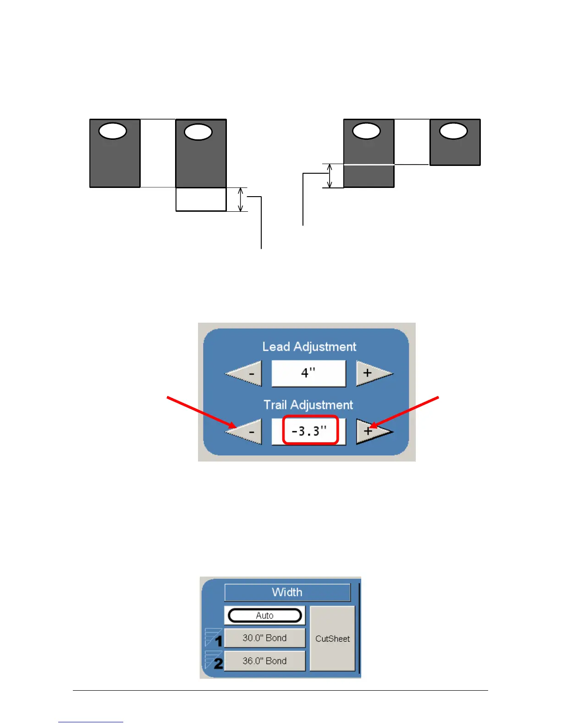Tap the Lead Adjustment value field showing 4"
tap(308, 373)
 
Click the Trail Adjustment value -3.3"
tap(310, 430)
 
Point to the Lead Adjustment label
tap(309, 346)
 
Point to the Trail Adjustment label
tap(308, 405)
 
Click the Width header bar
tap(287, 592)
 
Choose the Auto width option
tap(264, 616)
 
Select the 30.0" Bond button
tap(264, 638)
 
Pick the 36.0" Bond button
tap(264, 661)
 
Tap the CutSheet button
tap(332, 638)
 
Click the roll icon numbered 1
tap(214, 638)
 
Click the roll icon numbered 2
tap(214, 661)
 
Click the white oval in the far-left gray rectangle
tap(113, 131)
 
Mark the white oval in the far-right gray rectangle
tap(453, 131)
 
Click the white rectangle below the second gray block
tap(201, 199)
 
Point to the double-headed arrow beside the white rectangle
tap(241, 199)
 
